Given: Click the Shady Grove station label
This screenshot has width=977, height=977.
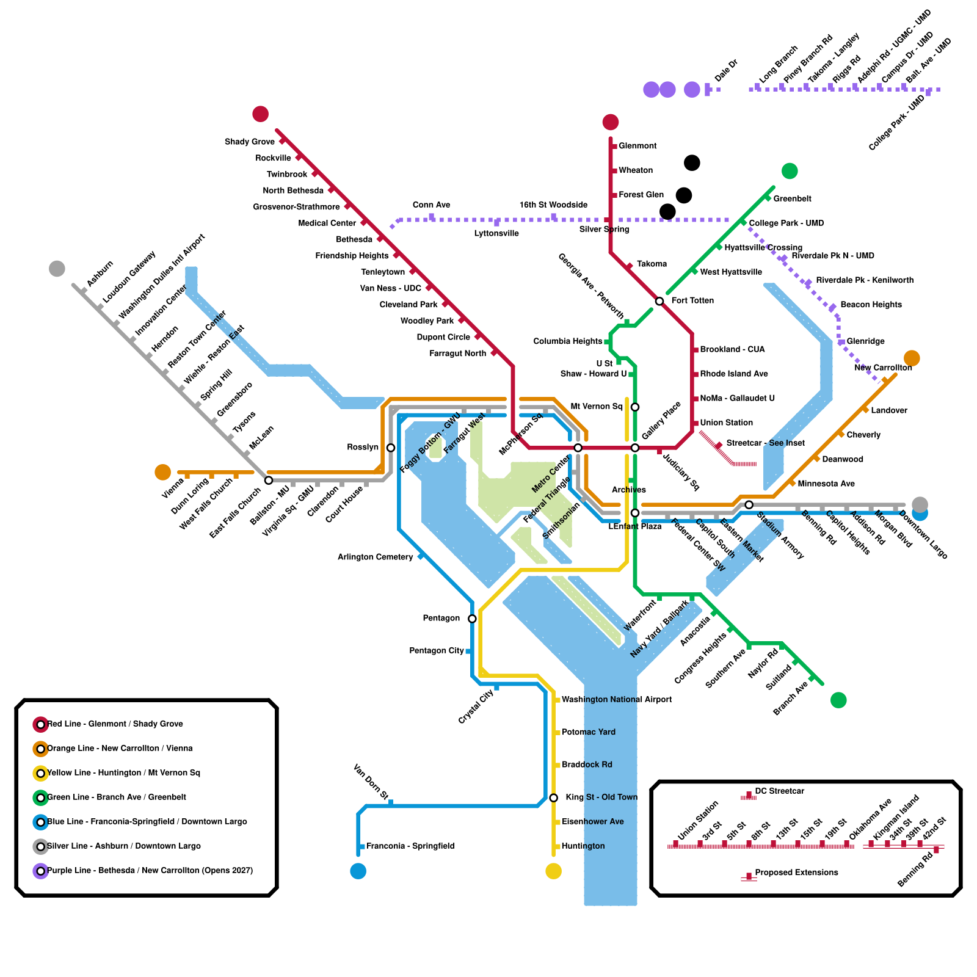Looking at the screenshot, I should (249, 142).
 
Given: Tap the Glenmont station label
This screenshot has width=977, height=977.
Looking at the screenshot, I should (637, 146).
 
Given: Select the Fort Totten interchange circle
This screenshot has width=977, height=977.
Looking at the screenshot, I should (659, 301).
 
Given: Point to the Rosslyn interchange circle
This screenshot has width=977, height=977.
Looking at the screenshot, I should (391, 448).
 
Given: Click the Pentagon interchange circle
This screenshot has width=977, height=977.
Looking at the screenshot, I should (472, 619).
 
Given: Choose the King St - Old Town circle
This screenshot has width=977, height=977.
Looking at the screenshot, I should (553, 797).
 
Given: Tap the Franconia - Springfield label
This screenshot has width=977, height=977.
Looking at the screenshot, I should (410, 846).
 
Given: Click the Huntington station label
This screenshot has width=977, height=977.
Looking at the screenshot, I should (583, 846).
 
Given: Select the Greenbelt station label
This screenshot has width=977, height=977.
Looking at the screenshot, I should (792, 199).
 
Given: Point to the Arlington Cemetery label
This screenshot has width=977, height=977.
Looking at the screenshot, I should (375, 557).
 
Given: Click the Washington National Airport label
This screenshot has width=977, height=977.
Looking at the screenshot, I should (617, 700).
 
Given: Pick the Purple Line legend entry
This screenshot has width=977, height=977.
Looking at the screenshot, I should (150, 870).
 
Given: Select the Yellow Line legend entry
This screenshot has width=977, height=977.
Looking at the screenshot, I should (123, 772).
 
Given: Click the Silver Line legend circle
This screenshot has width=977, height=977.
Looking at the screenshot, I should (40, 846).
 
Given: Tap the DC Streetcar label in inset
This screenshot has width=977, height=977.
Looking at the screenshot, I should (779, 791).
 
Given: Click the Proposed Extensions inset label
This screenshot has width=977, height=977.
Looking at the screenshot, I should (796, 873).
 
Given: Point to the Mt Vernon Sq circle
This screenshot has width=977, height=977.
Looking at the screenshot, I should (635, 407).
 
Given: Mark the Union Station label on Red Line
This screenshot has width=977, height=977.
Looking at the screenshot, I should (726, 423).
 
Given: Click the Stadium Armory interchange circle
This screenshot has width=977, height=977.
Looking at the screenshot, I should (749, 504).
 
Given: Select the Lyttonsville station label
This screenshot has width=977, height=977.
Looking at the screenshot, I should (496, 233).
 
